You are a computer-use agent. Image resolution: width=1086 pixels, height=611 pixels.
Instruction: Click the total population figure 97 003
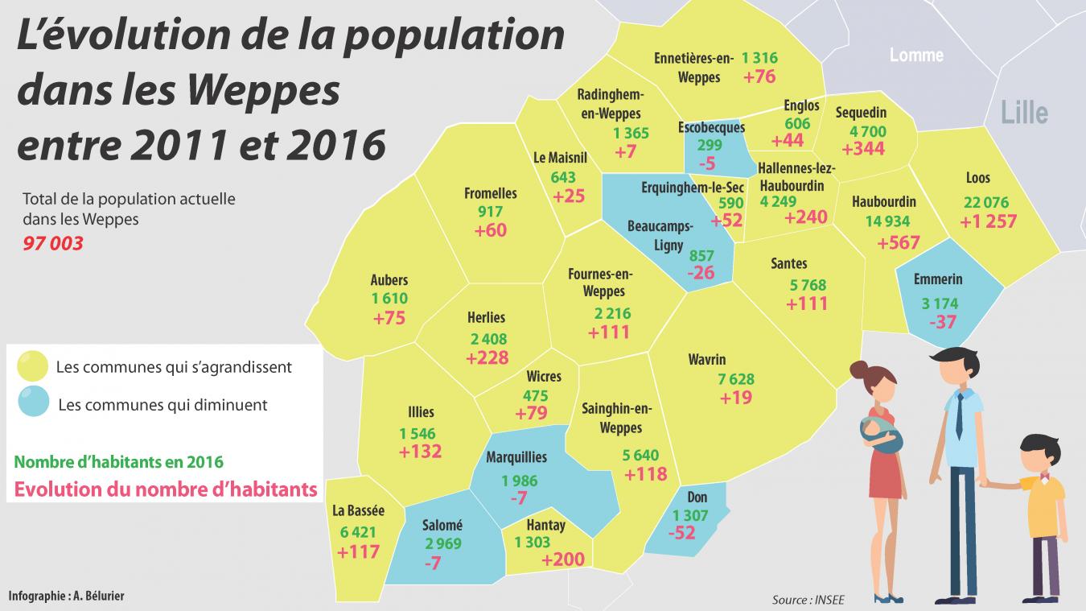53,243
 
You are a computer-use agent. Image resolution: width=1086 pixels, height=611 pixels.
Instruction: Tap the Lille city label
1024,113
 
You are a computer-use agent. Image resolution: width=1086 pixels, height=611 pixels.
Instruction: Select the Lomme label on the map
916,56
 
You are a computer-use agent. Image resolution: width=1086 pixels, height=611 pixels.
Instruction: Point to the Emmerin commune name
937,280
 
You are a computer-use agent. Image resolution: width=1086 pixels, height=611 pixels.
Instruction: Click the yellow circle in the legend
33,366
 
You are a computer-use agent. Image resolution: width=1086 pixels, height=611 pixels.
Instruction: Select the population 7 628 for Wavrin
735,379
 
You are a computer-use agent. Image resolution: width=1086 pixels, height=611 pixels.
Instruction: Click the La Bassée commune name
358,510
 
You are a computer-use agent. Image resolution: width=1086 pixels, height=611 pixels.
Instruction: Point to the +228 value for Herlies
487,357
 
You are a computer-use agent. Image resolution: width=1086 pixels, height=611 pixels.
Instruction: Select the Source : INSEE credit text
808,599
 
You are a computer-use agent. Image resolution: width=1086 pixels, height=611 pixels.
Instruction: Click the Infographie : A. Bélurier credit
67,596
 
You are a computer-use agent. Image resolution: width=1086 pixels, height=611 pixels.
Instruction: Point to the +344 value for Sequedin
863,149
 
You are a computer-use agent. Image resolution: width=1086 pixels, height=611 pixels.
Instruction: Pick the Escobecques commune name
711,127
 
